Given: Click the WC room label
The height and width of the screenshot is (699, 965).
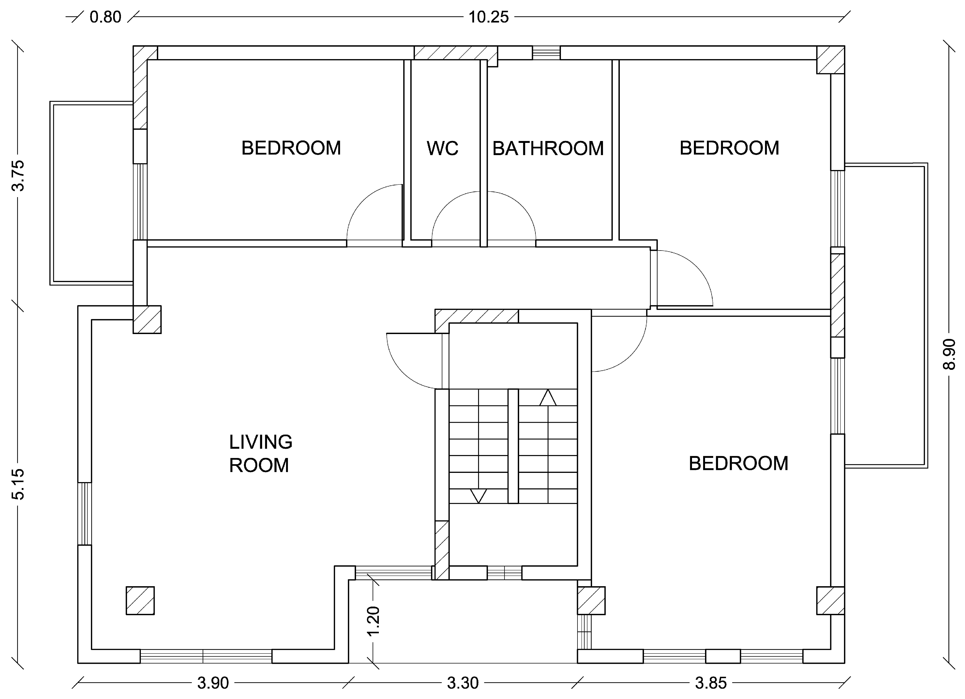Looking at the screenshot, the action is coord(443,148).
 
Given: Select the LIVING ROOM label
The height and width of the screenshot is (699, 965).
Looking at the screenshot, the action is coord(261,454).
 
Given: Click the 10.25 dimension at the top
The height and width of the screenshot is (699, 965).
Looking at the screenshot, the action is coord(488,17).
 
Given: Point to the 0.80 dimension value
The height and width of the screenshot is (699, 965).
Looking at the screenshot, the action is coord(106,17).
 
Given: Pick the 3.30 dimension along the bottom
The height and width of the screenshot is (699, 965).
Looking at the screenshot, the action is coord(463,683).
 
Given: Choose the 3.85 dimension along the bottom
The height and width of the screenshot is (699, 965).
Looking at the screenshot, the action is coord(711,683).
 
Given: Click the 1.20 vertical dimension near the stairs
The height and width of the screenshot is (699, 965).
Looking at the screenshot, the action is coord(373,621).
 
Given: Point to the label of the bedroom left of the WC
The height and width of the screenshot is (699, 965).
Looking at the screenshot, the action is coord(291,148).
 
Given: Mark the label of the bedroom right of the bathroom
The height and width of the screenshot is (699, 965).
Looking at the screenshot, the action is coord(729,148).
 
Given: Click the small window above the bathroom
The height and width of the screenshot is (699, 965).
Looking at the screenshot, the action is coord(546,53).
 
